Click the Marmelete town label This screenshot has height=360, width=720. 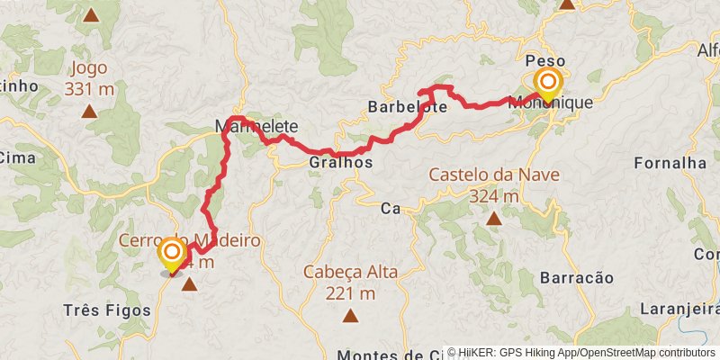256,127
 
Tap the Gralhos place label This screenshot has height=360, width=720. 340,163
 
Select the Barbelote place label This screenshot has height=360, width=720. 408,107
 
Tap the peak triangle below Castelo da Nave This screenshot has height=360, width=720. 494,219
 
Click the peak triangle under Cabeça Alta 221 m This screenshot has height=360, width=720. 350,316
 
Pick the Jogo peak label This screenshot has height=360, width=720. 88,68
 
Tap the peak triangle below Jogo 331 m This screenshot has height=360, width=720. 89,112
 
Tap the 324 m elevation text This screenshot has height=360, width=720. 494,195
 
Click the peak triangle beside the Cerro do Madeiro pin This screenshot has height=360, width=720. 190,285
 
